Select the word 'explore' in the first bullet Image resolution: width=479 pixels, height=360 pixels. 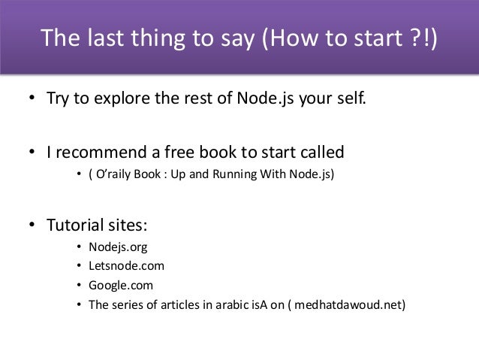[x=120, y=98]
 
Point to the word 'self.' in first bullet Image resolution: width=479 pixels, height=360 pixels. [x=353, y=98]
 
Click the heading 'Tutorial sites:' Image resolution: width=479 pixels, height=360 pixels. [x=98, y=225]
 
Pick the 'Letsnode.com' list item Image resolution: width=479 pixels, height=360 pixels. [x=126, y=266]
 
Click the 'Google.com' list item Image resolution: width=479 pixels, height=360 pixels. [x=121, y=286]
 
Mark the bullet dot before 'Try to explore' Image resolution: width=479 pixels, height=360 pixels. [x=33, y=99]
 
